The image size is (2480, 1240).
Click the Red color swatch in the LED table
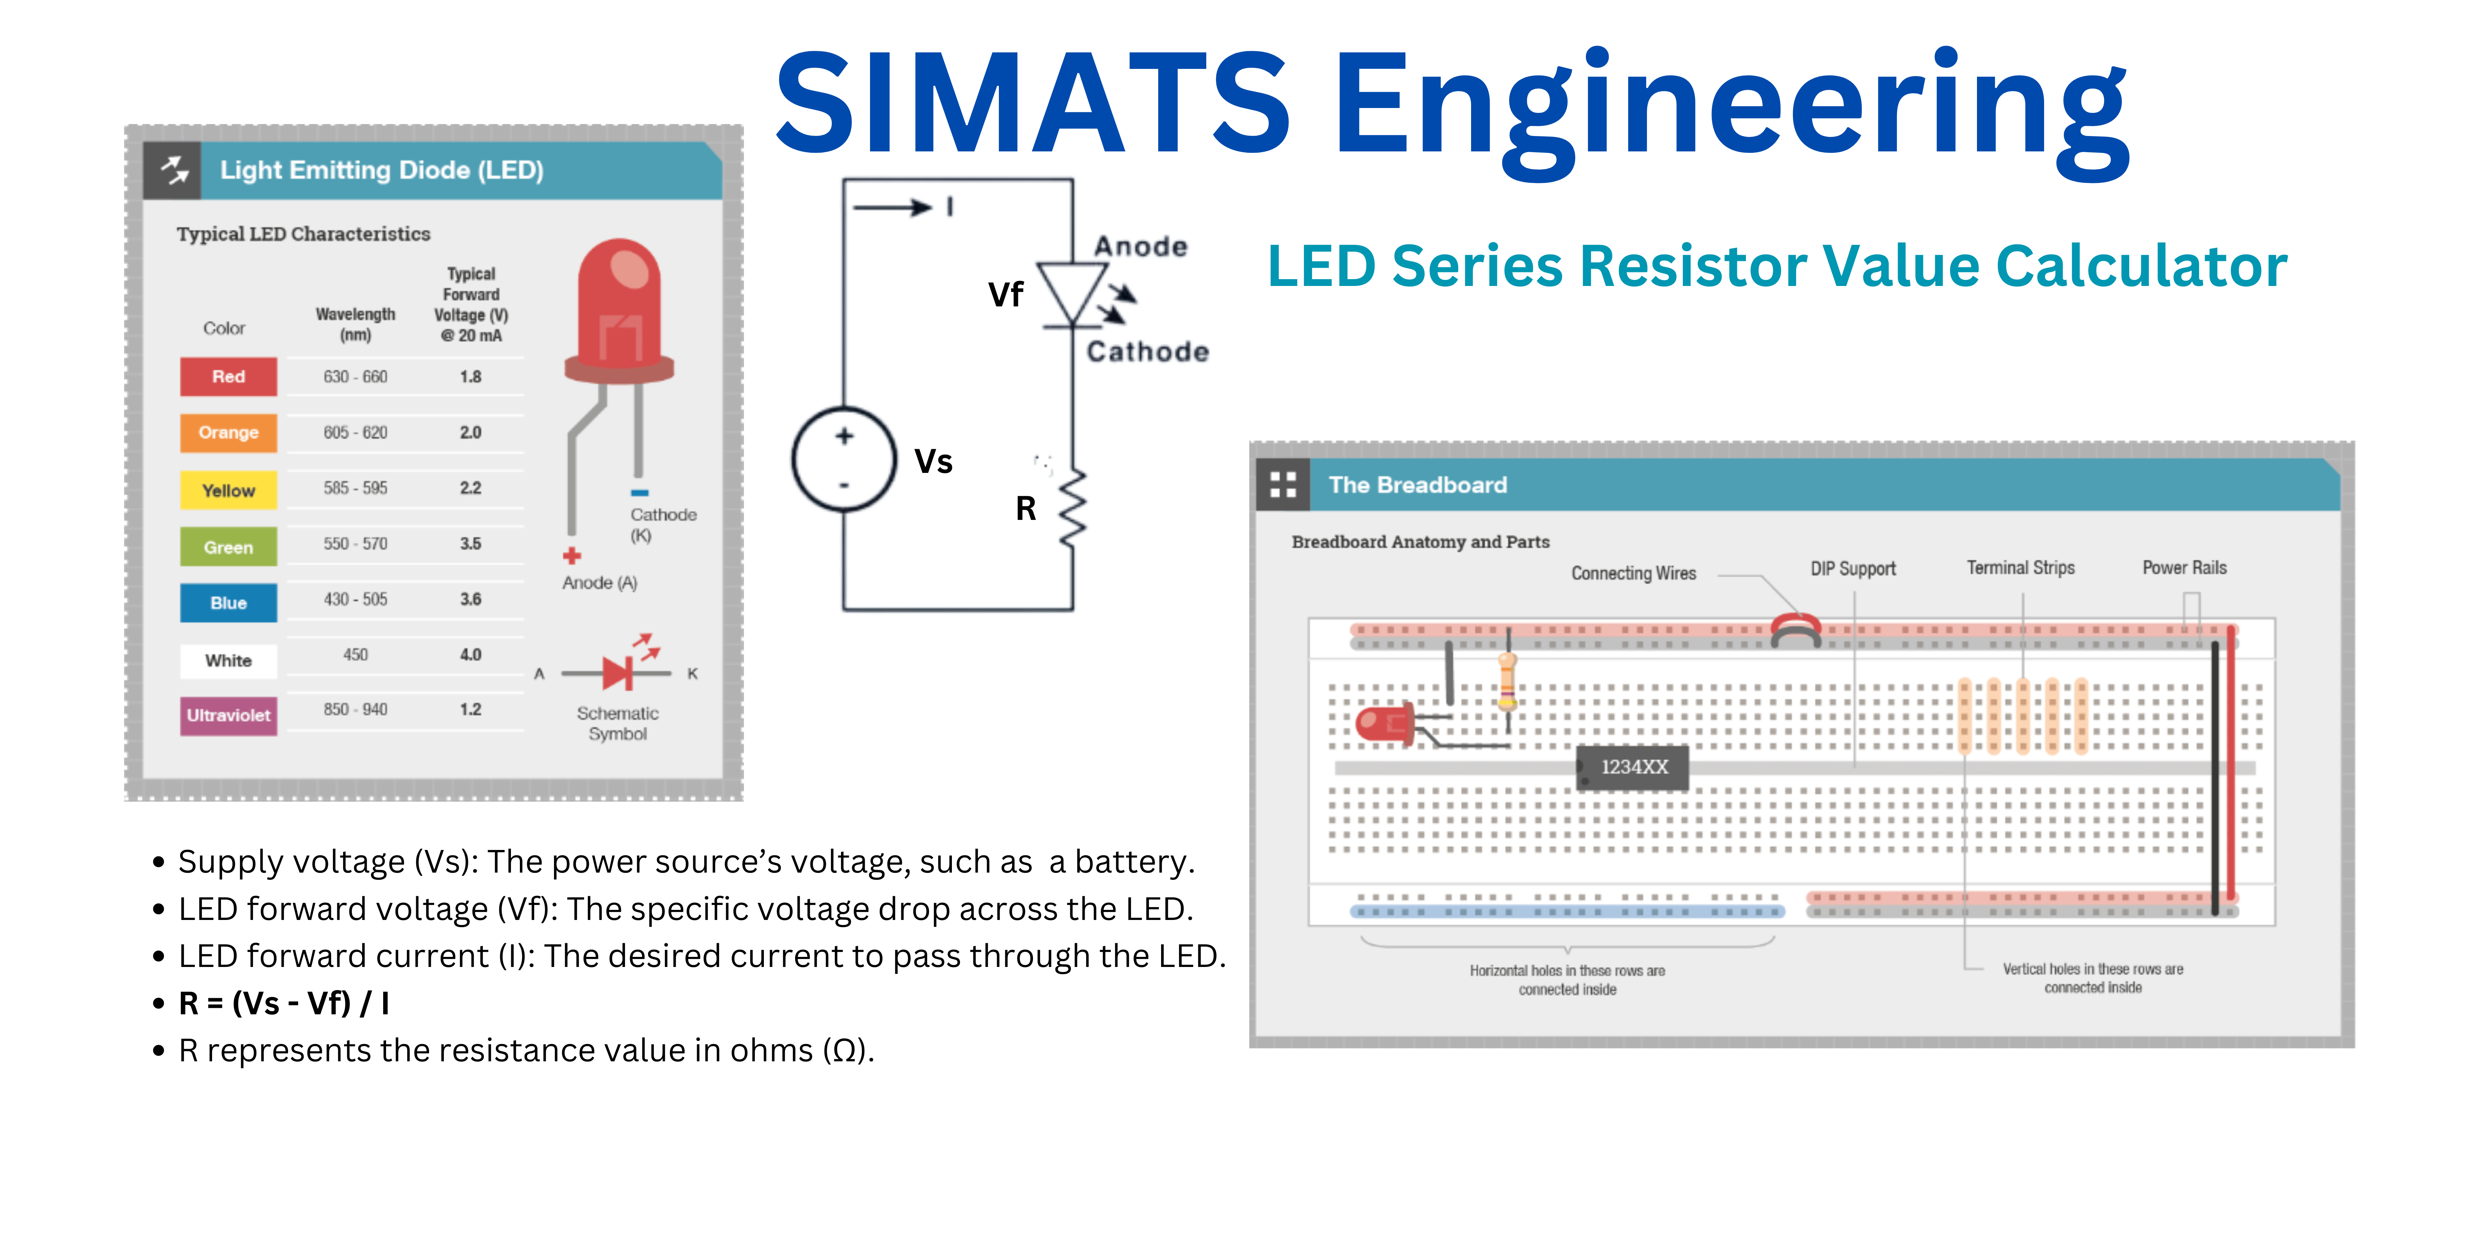click(228, 376)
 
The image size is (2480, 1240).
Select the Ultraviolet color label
click(228, 715)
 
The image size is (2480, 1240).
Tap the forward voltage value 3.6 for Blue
click(470, 599)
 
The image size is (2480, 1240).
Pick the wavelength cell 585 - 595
click(355, 488)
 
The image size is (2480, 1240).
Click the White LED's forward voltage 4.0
click(470, 655)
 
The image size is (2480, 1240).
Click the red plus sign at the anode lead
click(572, 555)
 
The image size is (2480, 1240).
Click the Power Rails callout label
click(2184, 568)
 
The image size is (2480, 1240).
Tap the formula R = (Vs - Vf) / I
click(284, 1003)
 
